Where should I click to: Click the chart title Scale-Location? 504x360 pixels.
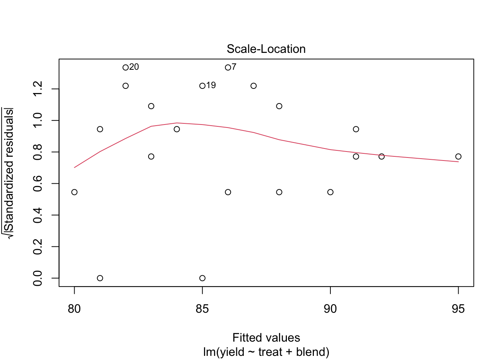click(266, 49)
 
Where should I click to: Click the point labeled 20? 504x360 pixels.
click(126, 67)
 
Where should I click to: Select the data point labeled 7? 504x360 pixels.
click(228, 67)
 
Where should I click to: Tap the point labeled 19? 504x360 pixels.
click(202, 86)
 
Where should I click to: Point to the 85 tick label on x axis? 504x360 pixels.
click(202, 309)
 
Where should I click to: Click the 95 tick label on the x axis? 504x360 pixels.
click(458, 309)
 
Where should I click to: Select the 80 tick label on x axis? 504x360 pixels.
click(74, 309)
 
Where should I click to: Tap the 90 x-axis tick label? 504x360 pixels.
click(330, 309)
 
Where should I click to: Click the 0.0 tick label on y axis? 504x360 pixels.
click(38, 278)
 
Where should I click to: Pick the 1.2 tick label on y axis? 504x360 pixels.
click(38, 89)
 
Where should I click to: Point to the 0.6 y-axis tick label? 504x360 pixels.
click(38, 184)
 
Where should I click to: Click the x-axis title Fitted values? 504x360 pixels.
click(266, 338)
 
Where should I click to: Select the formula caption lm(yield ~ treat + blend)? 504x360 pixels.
click(266, 352)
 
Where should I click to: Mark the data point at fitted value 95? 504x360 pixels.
click(458, 156)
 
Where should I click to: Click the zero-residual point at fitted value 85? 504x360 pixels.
click(202, 278)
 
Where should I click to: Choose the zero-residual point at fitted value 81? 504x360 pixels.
click(100, 278)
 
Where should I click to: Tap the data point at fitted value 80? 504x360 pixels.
click(74, 192)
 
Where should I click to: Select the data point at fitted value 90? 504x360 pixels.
click(330, 192)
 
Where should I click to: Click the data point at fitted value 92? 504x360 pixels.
click(381, 156)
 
